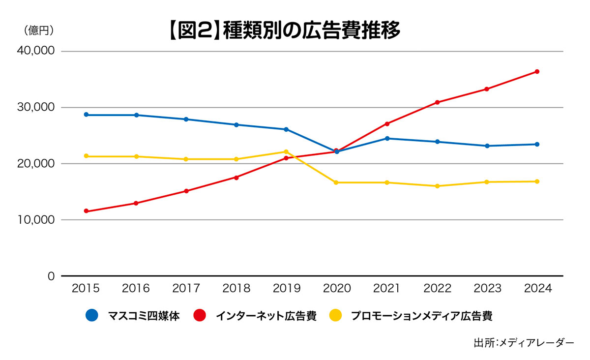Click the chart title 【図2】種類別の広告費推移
(284, 30)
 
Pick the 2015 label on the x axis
(86, 289)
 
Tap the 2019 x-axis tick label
(286, 289)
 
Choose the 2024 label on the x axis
(537, 289)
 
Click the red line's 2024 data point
(537, 72)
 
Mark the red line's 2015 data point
(87, 211)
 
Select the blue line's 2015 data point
(87, 115)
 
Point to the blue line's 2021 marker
(387, 139)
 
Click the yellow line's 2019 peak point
(286, 152)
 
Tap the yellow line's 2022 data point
(437, 186)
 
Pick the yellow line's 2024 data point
(537, 181)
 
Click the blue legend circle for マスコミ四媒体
(92, 315)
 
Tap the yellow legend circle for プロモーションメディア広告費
(336, 315)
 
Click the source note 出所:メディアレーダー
(524, 342)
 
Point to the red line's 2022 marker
(437, 102)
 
